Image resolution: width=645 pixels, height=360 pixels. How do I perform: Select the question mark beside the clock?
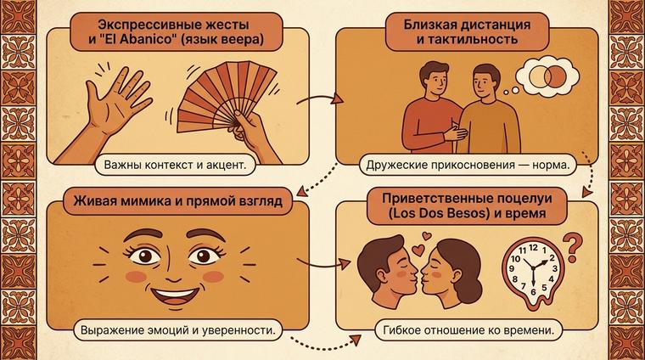click(x=578, y=245)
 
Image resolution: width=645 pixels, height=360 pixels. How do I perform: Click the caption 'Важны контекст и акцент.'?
click(x=174, y=164)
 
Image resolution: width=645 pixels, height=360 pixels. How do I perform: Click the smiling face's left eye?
click(x=141, y=255)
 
